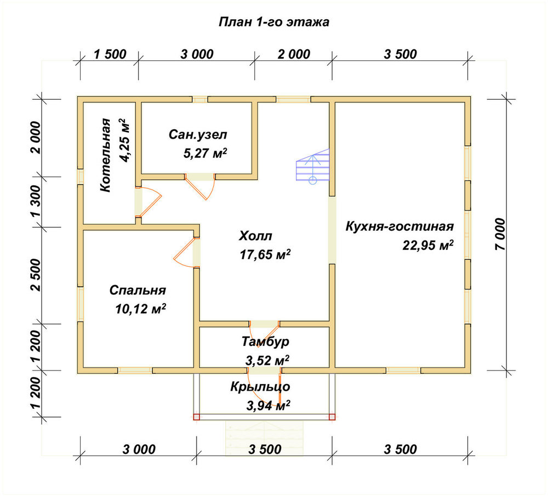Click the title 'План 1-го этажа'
click(273, 22)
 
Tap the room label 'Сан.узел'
click(198, 135)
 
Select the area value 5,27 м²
click(205, 153)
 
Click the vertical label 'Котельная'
click(105, 155)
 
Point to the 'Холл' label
click(255, 236)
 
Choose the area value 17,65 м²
click(265, 254)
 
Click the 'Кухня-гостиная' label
click(399, 226)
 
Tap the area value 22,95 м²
click(428, 245)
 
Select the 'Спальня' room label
click(138, 290)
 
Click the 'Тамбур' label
click(266, 341)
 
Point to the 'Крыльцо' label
click(260, 387)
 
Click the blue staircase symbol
click(313, 165)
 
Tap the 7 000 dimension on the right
click(500, 234)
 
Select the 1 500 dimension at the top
click(110, 55)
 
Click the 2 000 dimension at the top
click(294, 55)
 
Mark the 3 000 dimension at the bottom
click(139, 449)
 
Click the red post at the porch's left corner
click(196, 417)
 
